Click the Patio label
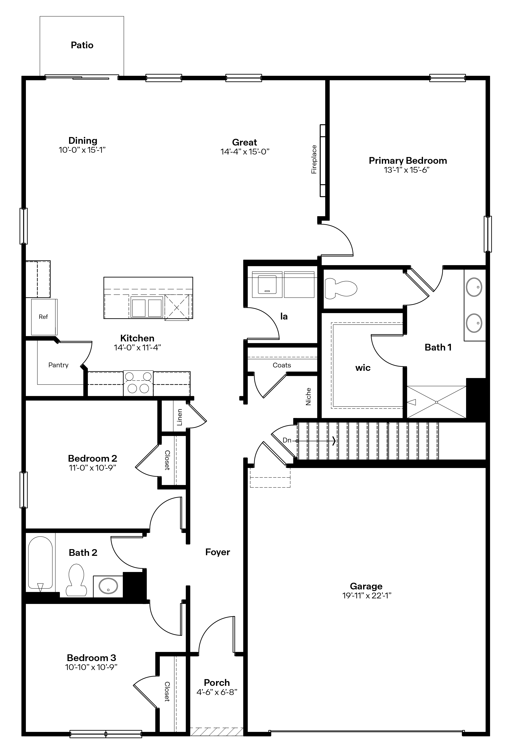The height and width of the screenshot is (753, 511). pyautogui.click(x=82, y=45)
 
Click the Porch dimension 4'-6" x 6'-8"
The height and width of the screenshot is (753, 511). pyautogui.click(x=217, y=692)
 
